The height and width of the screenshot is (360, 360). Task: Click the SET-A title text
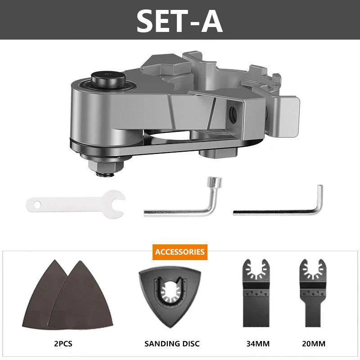click(x=180, y=22)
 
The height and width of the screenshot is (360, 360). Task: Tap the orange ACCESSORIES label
click(x=180, y=252)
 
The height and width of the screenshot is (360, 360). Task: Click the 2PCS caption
click(x=63, y=344)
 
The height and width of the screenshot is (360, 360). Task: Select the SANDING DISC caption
click(x=172, y=344)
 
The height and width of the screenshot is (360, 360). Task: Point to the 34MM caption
click(x=258, y=344)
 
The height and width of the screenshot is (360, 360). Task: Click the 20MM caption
click(x=314, y=344)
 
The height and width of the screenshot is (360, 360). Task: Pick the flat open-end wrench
click(x=75, y=204)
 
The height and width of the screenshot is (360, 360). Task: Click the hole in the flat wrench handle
click(x=37, y=204)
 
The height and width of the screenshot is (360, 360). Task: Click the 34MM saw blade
click(x=256, y=293)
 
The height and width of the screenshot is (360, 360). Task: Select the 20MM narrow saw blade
click(x=313, y=293)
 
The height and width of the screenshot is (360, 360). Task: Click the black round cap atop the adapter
click(x=108, y=80)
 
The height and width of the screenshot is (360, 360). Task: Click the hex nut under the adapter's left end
click(x=106, y=165)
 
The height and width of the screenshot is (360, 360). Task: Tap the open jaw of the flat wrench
click(x=117, y=204)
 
